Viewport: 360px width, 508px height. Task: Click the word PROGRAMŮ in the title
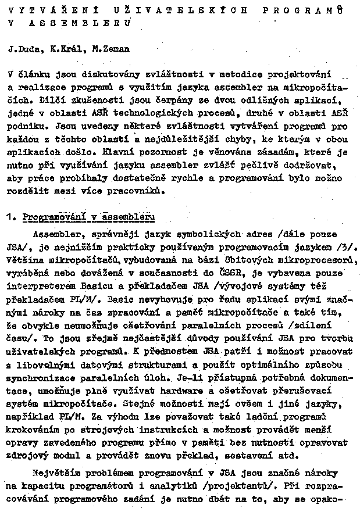pyautogui.click(x=309, y=10)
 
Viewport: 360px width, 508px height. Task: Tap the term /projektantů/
pyautogui.click(x=254, y=486)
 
